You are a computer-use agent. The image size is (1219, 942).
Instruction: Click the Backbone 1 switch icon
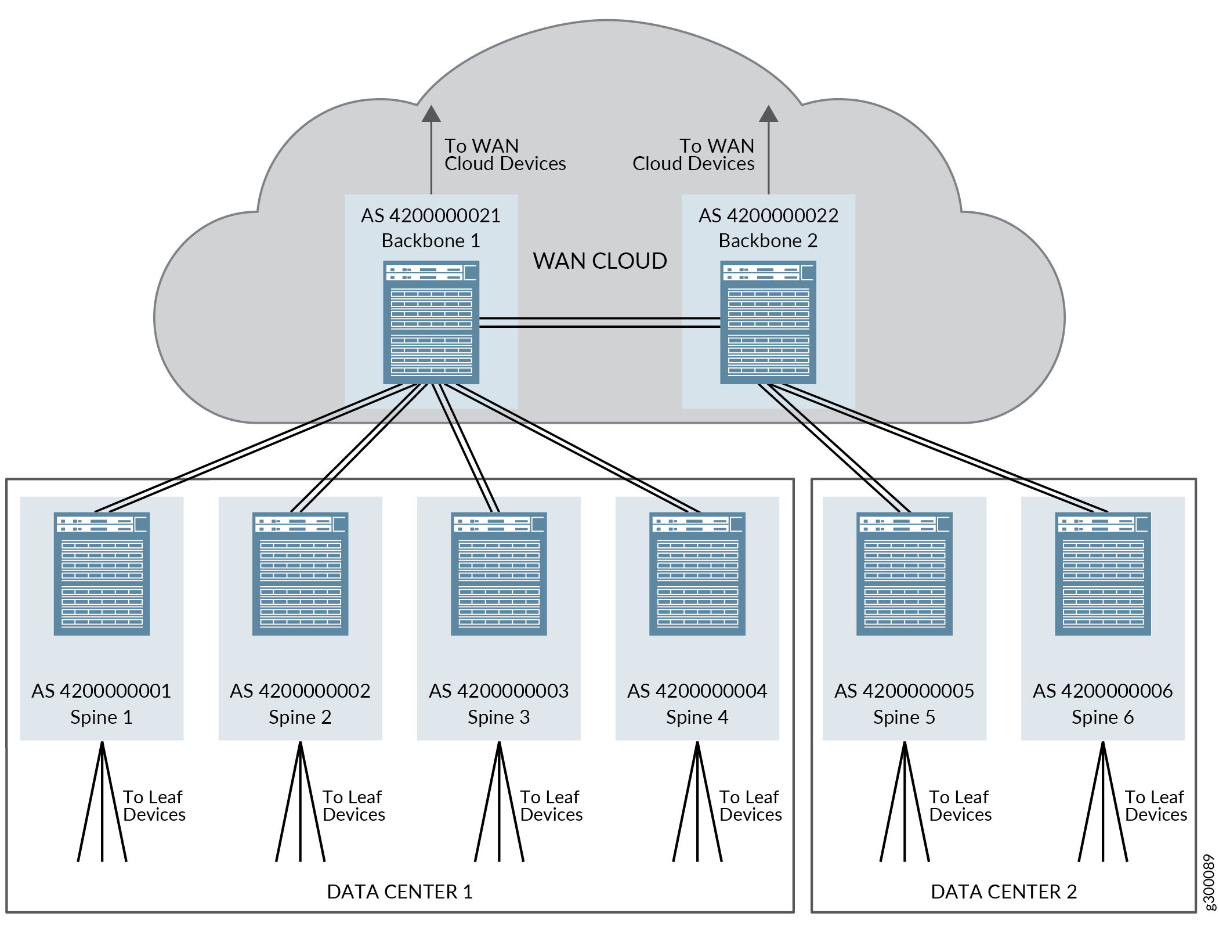point(431,322)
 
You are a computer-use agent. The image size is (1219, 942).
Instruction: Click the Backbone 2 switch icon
point(768,322)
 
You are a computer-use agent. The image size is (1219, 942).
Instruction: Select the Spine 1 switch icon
point(102,573)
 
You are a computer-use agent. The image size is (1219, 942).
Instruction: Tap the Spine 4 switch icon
point(697,573)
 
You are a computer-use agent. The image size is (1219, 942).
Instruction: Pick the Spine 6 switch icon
point(1102,573)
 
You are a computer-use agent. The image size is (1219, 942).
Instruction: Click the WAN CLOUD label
point(600,261)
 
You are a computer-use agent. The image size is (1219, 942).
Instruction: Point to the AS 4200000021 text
point(431,216)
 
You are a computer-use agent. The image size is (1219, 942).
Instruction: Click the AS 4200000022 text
point(768,216)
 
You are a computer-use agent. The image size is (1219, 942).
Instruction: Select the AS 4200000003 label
point(498,691)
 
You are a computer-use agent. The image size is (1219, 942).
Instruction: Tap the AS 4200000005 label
point(904,691)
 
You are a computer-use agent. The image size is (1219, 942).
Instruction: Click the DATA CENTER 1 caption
point(400,892)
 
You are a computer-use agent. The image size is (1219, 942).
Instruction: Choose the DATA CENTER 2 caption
point(1004,892)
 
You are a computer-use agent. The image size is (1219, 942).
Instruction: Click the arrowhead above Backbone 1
point(431,114)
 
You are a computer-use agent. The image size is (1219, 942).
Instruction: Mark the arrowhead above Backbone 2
point(768,114)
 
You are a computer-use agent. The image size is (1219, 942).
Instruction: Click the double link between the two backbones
point(600,323)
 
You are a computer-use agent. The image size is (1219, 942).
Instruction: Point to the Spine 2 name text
point(300,717)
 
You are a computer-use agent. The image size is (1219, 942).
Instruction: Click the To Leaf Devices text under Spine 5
point(960,806)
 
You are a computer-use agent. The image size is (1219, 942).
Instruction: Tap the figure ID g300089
point(1209,882)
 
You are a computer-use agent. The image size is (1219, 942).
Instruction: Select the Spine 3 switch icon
point(498,573)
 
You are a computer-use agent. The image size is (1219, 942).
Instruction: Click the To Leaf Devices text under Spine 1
point(154,806)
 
